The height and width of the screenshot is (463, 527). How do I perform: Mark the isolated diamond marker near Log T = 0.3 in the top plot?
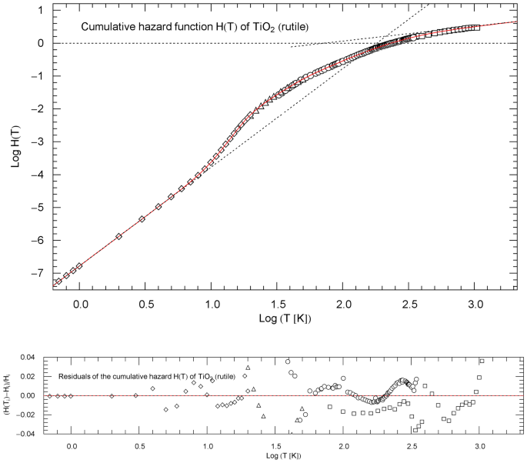click(x=118, y=236)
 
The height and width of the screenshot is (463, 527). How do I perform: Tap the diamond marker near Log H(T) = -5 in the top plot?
click(x=158, y=207)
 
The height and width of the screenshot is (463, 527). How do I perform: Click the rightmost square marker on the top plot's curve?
click(x=477, y=27)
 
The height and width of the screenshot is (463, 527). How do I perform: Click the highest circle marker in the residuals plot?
click(x=288, y=361)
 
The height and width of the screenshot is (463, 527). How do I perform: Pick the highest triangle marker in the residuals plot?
click(x=248, y=368)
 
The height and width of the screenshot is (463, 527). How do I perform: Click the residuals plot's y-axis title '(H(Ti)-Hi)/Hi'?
click(x=8, y=395)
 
